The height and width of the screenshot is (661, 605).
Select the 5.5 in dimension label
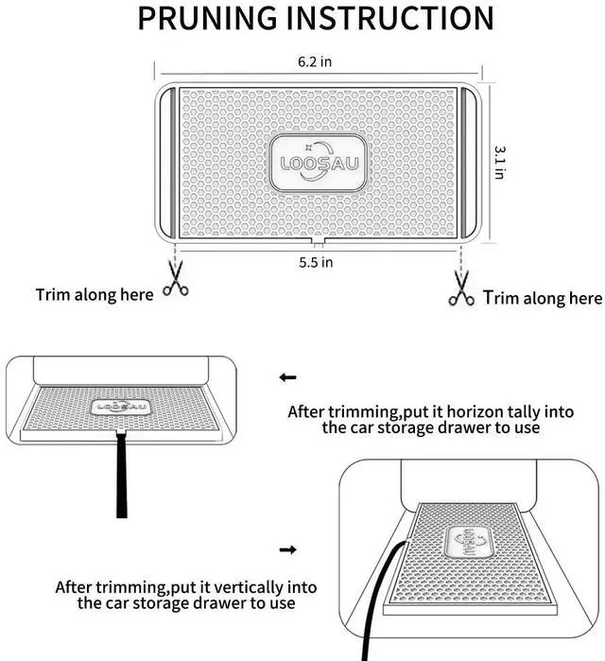point(317,262)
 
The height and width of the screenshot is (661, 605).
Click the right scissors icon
point(461,288)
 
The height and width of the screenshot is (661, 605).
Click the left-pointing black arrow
point(288,377)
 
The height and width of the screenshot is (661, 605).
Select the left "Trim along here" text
point(95,295)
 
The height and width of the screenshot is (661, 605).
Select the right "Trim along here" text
point(543,299)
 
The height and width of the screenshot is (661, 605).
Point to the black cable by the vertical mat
point(371,605)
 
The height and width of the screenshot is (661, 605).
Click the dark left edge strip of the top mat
point(164,162)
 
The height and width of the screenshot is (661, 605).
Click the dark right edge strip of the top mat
point(473,162)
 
